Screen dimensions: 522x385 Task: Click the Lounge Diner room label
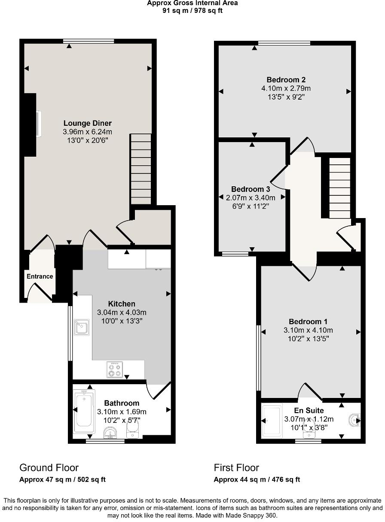[x=88, y=124]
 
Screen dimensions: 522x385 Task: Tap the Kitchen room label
[x=122, y=304]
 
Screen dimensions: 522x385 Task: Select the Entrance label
[x=40, y=276]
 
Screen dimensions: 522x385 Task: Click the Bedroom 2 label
[x=286, y=80]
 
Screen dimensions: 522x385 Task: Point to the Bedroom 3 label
[x=251, y=189]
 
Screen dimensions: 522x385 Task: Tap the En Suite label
[x=309, y=411]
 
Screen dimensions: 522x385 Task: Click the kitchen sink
[x=81, y=328]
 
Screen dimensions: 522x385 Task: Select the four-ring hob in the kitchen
[x=115, y=370]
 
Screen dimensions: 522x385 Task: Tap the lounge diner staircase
[x=141, y=169]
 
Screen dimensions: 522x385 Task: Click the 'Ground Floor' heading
[x=49, y=467]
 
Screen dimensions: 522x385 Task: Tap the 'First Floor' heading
[x=236, y=467]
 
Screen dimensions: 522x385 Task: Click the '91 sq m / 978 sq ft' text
[x=192, y=11]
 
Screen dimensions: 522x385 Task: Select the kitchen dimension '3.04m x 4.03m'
[x=122, y=313]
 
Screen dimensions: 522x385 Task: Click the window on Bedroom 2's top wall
[x=284, y=42]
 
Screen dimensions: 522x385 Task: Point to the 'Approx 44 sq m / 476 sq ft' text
[x=257, y=480]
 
